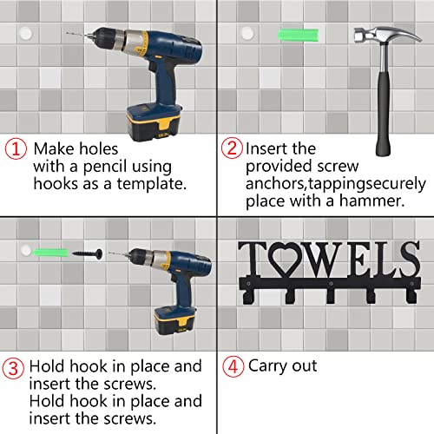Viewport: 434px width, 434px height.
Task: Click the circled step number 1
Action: click(16, 148)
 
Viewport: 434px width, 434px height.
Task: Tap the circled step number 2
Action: click(232, 148)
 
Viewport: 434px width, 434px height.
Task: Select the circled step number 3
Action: click(13, 368)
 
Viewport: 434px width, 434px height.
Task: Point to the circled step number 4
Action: click(233, 366)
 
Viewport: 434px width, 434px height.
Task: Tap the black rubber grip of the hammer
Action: click(384, 115)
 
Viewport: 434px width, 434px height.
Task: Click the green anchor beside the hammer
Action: click(298, 35)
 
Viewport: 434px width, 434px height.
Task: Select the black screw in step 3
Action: click(87, 253)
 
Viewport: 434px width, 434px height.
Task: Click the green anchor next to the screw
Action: click(50, 253)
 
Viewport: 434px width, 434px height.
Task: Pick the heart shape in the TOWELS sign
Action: click(286, 259)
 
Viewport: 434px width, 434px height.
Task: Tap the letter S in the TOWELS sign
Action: click(408, 259)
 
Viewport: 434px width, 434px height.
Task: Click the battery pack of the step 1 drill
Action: click(155, 122)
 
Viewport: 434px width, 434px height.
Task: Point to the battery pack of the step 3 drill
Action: click(174, 319)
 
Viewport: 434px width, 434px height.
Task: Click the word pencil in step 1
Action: click(105, 167)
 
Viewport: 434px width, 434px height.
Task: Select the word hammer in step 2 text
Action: click(372, 201)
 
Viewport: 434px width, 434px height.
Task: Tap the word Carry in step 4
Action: click(267, 366)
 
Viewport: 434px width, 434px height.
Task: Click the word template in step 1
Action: click(152, 184)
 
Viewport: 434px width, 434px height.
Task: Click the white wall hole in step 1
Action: click(26, 34)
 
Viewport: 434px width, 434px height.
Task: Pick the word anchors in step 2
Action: click(276, 184)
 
